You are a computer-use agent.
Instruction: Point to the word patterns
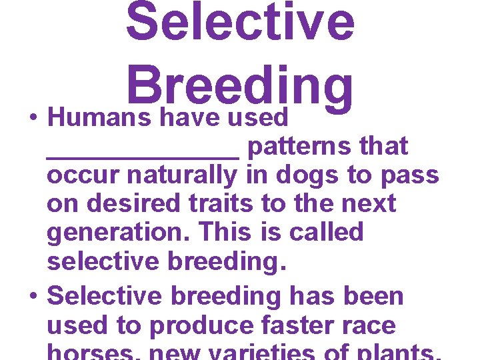299,147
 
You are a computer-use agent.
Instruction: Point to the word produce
200,326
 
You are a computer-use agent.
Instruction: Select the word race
369,326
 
